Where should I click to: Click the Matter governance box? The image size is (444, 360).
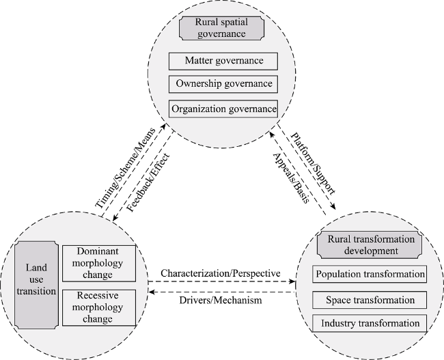click(x=223, y=61)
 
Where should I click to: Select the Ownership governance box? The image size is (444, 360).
click(x=223, y=84)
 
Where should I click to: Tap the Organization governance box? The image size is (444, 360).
click(x=223, y=109)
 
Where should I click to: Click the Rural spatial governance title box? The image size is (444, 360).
click(x=221, y=28)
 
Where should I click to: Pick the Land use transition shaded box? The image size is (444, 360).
click(x=36, y=285)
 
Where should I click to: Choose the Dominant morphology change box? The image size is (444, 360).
click(x=99, y=264)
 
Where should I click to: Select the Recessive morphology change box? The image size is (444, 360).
click(x=99, y=307)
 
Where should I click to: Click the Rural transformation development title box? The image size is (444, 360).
click(x=370, y=245)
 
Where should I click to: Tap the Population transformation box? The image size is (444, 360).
click(x=370, y=274)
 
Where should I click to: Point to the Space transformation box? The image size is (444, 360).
click(x=370, y=300)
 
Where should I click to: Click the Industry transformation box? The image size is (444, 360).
click(x=370, y=323)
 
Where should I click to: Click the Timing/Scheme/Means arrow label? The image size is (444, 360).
click(x=125, y=168)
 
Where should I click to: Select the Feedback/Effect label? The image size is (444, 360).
click(x=148, y=182)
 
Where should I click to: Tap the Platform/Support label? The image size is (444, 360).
click(x=313, y=164)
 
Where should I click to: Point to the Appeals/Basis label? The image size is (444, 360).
click(x=290, y=178)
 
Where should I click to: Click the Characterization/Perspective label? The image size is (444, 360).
click(x=221, y=273)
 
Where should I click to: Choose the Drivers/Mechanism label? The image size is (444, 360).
click(x=221, y=300)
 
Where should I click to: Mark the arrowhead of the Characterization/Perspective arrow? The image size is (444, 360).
click(x=292, y=281)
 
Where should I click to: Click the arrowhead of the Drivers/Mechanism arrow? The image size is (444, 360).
click(x=152, y=292)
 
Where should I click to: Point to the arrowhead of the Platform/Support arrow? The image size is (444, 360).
click(x=333, y=207)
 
